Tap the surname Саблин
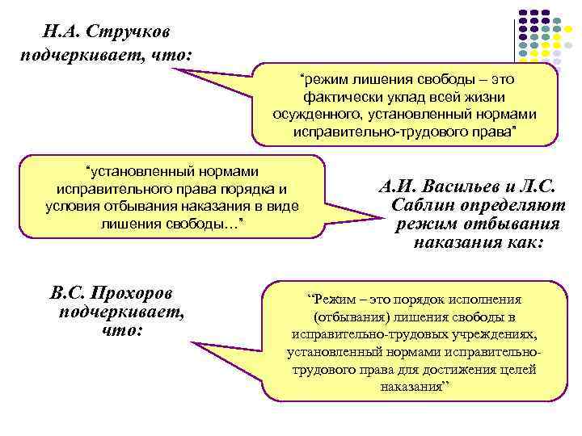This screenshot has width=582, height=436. point(428,206)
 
